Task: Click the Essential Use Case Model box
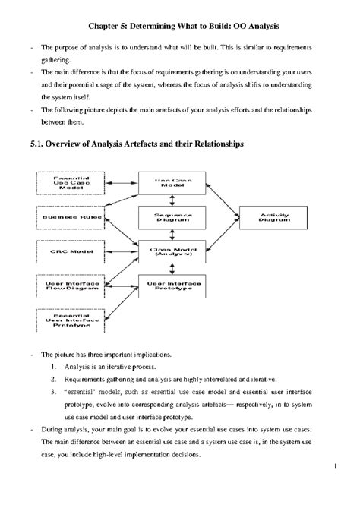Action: coord(63,184)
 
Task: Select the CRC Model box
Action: coord(63,250)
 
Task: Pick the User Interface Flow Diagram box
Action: coord(63,284)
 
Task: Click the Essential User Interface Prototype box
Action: coord(63,319)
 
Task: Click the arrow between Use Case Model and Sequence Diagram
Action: coord(172,200)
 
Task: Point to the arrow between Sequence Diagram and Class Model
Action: coord(172,234)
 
